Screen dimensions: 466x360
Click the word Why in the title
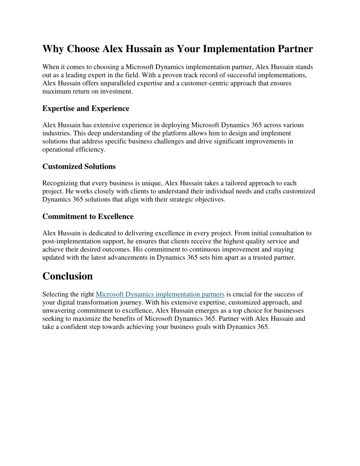pyautogui.click(x=53, y=49)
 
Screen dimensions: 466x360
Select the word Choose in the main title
pyautogui.click(x=83, y=49)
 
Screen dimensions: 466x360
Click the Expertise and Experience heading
pyautogui.click(x=86, y=108)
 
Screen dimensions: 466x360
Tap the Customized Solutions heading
pyautogui.click(x=79, y=166)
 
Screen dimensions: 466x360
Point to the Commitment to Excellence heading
pyautogui.click(x=88, y=216)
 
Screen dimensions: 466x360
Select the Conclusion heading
pyautogui.click(x=67, y=276)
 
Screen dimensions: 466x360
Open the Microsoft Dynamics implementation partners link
pyautogui.click(x=160, y=294)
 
